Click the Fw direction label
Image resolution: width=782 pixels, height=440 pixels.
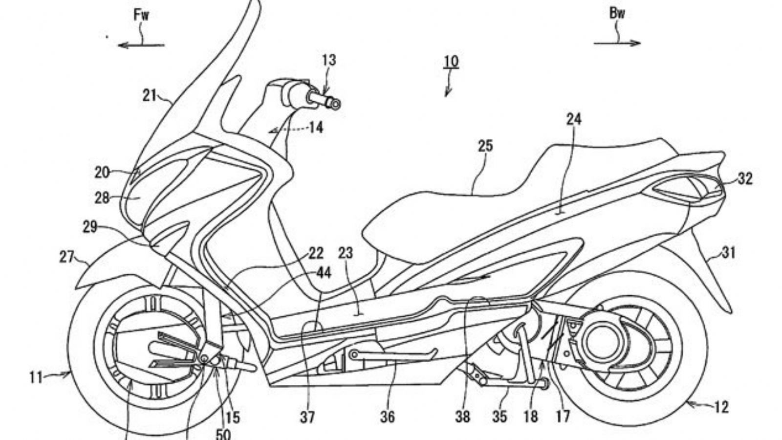[x=141, y=15]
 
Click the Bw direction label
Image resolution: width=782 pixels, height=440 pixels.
[x=617, y=14]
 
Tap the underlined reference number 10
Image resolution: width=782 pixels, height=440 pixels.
[x=451, y=62]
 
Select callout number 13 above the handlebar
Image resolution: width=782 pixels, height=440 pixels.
[x=329, y=61]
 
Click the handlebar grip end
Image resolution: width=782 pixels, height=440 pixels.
[x=335, y=104]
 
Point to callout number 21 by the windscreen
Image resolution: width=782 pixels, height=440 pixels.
[x=150, y=95]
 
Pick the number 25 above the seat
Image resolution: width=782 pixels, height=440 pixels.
[x=485, y=146]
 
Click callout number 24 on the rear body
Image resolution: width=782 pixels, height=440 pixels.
[x=574, y=119]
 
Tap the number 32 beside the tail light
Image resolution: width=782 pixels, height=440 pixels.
[x=745, y=179]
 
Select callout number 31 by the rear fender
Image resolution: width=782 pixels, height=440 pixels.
[x=728, y=253]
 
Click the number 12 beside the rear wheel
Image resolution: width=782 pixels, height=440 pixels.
[x=721, y=407]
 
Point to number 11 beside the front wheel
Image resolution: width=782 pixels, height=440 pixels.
[x=36, y=377]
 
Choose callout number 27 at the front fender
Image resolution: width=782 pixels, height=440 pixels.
[x=66, y=257]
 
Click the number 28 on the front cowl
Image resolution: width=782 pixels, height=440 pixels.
[x=102, y=198]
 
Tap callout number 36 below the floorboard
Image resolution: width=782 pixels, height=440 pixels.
[x=387, y=417]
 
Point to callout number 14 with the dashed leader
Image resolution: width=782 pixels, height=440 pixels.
[x=316, y=128]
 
